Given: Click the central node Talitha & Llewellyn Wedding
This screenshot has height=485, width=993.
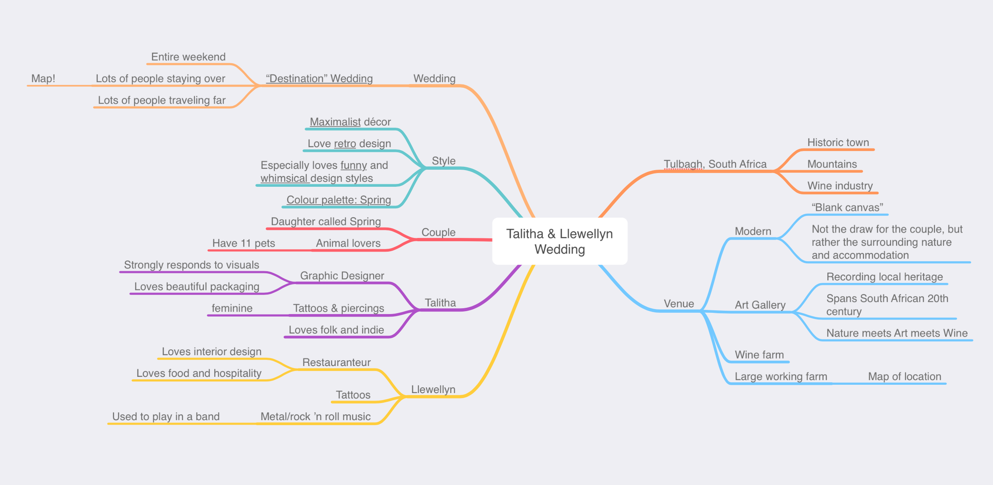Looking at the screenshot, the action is [560, 241].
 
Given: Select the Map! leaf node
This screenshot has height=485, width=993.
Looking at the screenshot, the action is [43, 79].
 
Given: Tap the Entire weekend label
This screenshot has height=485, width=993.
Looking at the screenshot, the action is [189, 57].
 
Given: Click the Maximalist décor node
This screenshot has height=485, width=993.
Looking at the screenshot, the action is [350, 122].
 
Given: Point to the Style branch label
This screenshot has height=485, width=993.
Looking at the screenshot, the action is [444, 161].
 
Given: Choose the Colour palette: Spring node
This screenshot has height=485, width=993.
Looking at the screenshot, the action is [339, 200].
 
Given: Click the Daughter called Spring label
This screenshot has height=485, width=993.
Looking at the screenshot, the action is [326, 222].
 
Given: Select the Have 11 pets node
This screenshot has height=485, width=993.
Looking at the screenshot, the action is [244, 243].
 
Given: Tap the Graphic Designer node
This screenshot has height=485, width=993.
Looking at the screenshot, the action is [342, 276].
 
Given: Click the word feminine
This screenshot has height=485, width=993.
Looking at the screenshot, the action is [232, 308].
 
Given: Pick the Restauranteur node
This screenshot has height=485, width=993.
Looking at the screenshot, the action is [337, 362].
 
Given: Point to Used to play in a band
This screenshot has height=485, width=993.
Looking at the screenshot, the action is [166, 416].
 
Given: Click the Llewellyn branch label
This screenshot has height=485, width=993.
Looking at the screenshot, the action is [433, 389].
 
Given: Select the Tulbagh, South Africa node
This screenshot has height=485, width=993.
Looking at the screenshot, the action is [715, 164].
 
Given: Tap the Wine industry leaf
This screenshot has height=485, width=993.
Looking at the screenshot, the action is [840, 186].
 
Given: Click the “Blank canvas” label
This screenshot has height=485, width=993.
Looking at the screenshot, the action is [847, 208].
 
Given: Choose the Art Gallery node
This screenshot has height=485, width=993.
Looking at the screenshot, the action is [760, 305].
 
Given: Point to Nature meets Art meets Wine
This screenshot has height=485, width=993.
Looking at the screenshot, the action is [897, 333].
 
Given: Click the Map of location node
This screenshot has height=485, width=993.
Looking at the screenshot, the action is [905, 376].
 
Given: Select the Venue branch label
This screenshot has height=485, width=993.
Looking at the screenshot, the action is [679, 304].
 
